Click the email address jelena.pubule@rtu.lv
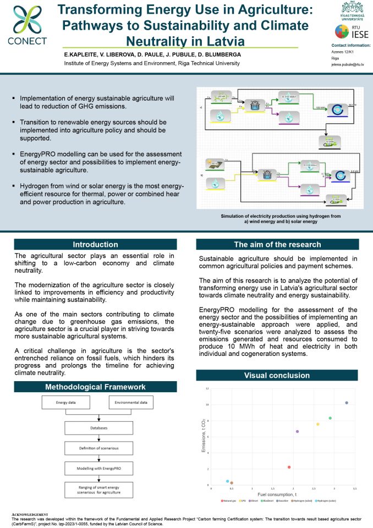tap(348, 63)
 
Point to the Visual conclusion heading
tap(277, 376)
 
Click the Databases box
tap(99, 427)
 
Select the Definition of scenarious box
tap(99, 448)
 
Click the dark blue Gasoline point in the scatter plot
tap(347, 403)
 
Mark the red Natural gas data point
tap(289, 467)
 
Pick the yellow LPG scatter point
tap(317, 424)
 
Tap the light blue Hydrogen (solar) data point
tap(227, 481)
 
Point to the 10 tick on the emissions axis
tap(207, 404)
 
